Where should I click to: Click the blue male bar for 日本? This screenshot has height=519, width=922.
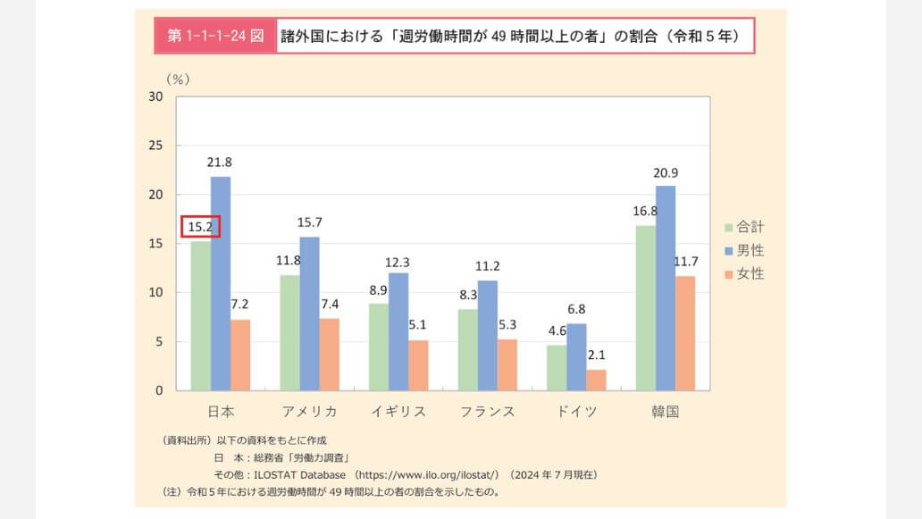(x=221, y=283)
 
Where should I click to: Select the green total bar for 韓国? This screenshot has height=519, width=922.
(x=646, y=308)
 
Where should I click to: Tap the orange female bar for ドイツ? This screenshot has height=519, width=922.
(x=596, y=380)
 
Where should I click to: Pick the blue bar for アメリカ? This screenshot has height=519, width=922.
(x=309, y=314)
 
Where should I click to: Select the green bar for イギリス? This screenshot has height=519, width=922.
(x=379, y=347)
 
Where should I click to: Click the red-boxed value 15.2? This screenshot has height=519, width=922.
(x=200, y=227)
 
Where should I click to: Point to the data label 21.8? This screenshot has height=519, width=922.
(x=221, y=163)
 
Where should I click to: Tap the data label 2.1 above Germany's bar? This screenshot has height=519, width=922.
(x=596, y=356)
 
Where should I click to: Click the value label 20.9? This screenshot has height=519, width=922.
(x=666, y=172)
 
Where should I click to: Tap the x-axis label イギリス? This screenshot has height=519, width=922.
(x=398, y=412)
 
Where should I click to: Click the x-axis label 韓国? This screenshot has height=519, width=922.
(x=666, y=412)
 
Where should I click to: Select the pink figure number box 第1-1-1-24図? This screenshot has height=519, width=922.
(x=215, y=37)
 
